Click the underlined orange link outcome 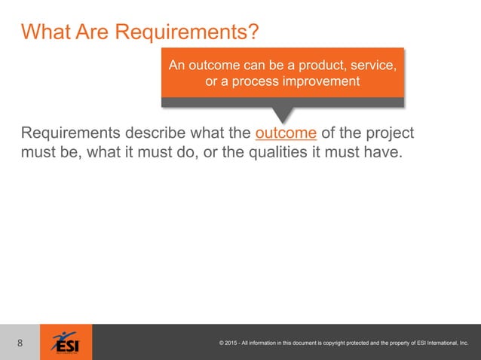[x=286, y=134]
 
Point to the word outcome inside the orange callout [x=219, y=66]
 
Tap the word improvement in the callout [x=320, y=81]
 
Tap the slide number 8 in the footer [x=20, y=343]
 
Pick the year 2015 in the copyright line [x=234, y=343]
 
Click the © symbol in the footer [x=221, y=343]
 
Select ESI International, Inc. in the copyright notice [x=440, y=343]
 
